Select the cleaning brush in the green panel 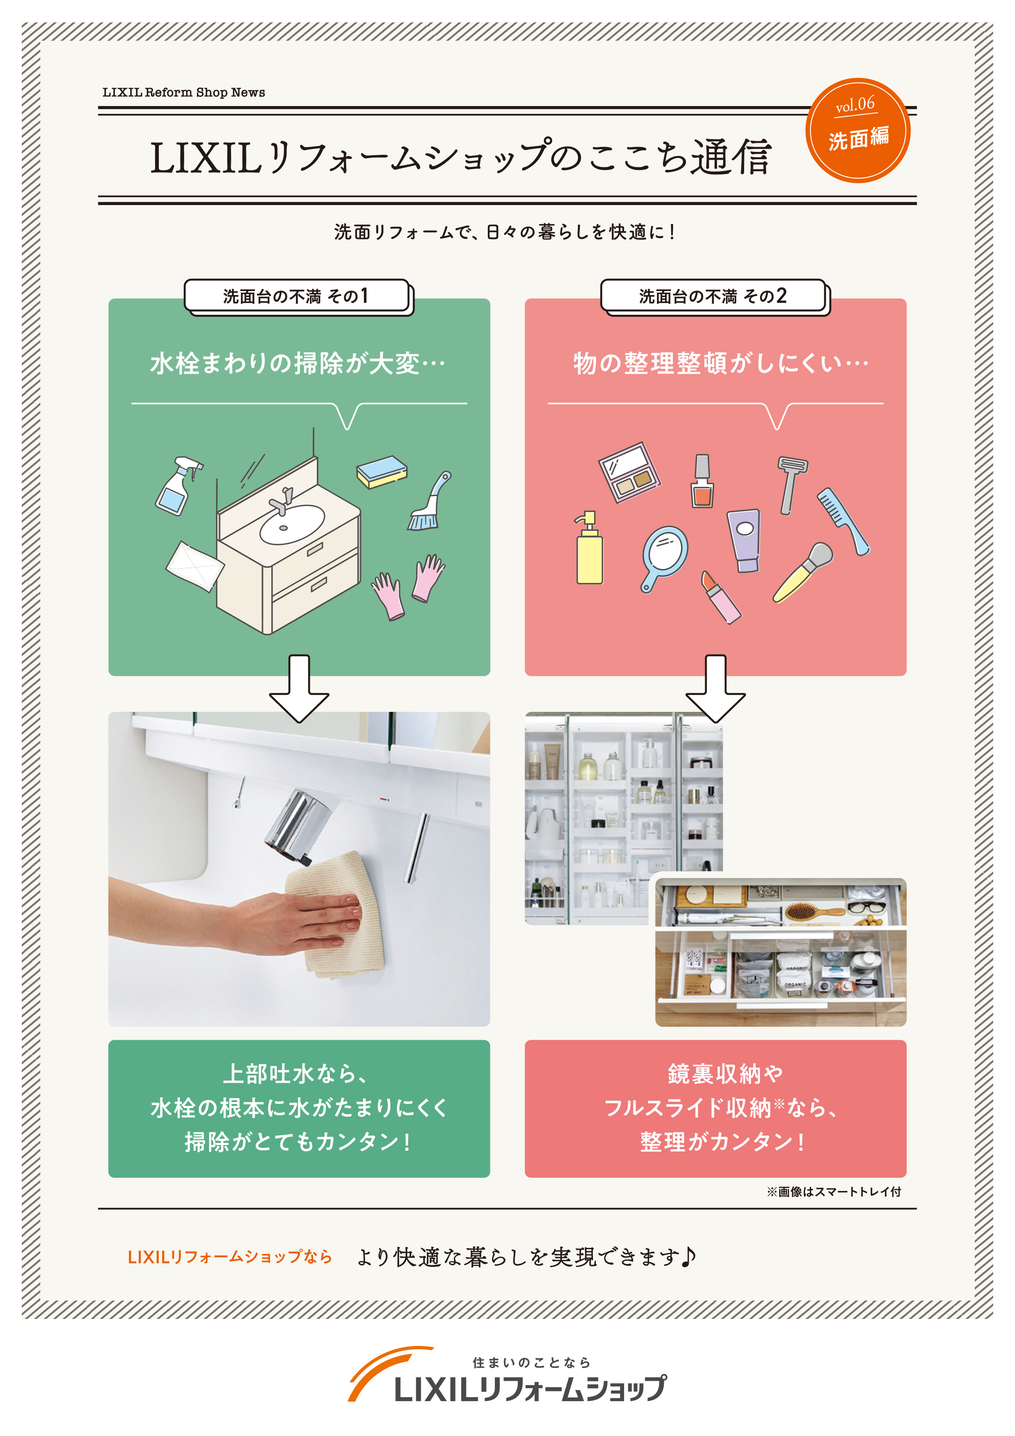[429, 504]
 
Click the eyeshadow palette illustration [629, 473]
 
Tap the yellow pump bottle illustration [589, 551]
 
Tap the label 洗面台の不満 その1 [296, 296]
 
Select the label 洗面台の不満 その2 [713, 296]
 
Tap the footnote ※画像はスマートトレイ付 [834, 1192]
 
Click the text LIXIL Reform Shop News [183, 93]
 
